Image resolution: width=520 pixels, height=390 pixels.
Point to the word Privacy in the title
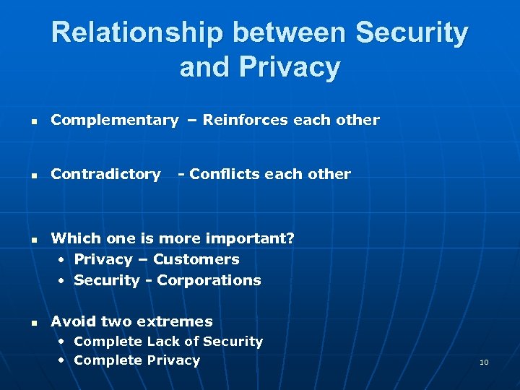click(x=295, y=67)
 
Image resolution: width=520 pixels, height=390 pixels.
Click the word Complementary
click(x=114, y=121)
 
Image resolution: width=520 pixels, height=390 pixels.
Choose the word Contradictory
click(x=105, y=174)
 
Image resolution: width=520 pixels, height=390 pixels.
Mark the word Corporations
click(x=209, y=280)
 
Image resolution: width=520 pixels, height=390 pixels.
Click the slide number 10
click(x=484, y=362)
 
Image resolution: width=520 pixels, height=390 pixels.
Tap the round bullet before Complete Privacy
click(x=64, y=360)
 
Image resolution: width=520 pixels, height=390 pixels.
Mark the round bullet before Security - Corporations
click(x=64, y=280)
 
